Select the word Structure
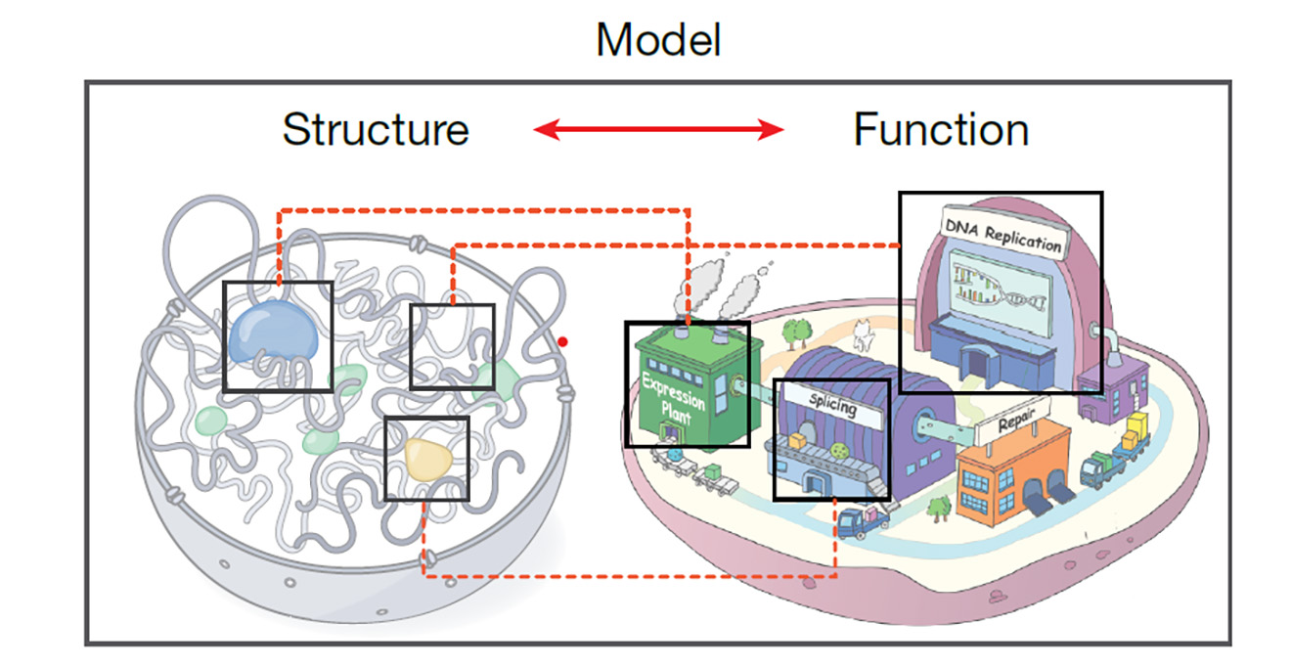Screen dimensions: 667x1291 [x=376, y=129]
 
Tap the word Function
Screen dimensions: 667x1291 [x=941, y=129]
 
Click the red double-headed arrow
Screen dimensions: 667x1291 [x=658, y=129]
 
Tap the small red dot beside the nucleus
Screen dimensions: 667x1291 [x=562, y=342]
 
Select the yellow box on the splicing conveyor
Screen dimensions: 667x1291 [x=800, y=442]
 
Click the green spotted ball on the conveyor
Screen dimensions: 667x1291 [x=840, y=450]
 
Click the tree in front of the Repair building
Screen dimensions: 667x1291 [x=939, y=507]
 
